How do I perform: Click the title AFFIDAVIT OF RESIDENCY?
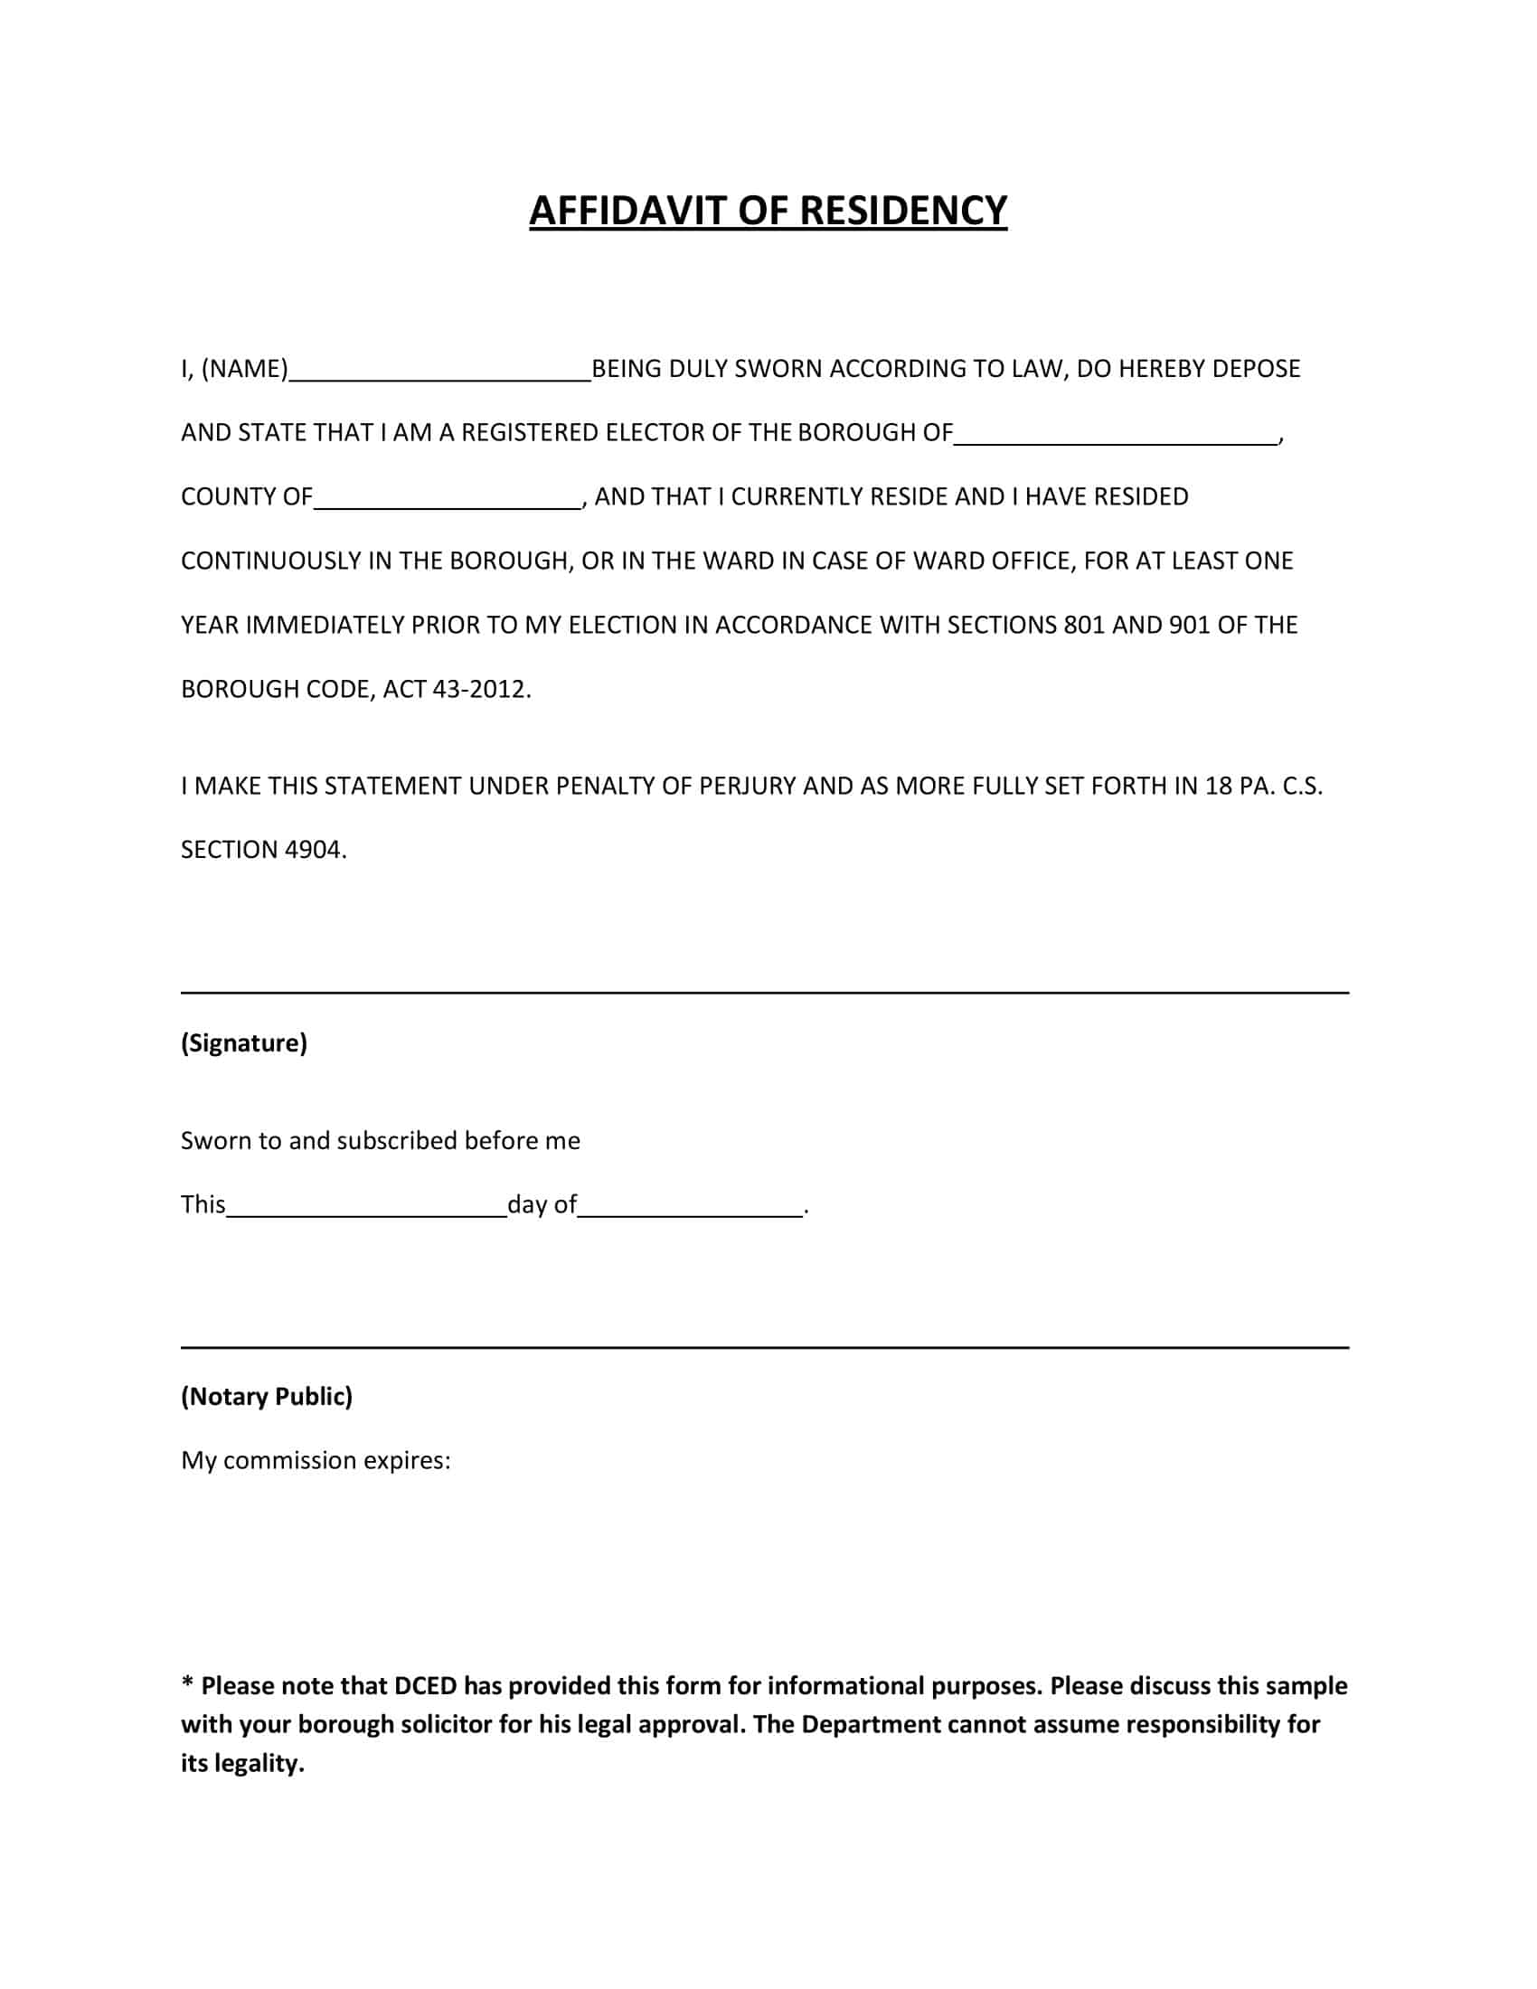point(768,211)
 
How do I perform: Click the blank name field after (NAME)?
point(439,373)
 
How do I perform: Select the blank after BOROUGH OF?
point(1115,438)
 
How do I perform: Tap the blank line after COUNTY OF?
point(447,502)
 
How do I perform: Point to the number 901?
point(1188,625)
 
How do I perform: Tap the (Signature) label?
point(244,1042)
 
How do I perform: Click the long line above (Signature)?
point(764,993)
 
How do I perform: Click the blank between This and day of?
point(366,1211)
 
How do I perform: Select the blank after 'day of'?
point(690,1211)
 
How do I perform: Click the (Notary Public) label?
point(266,1397)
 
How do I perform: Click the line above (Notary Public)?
point(764,1347)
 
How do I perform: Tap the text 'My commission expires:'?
point(315,1461)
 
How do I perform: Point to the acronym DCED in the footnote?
point(424,1686)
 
